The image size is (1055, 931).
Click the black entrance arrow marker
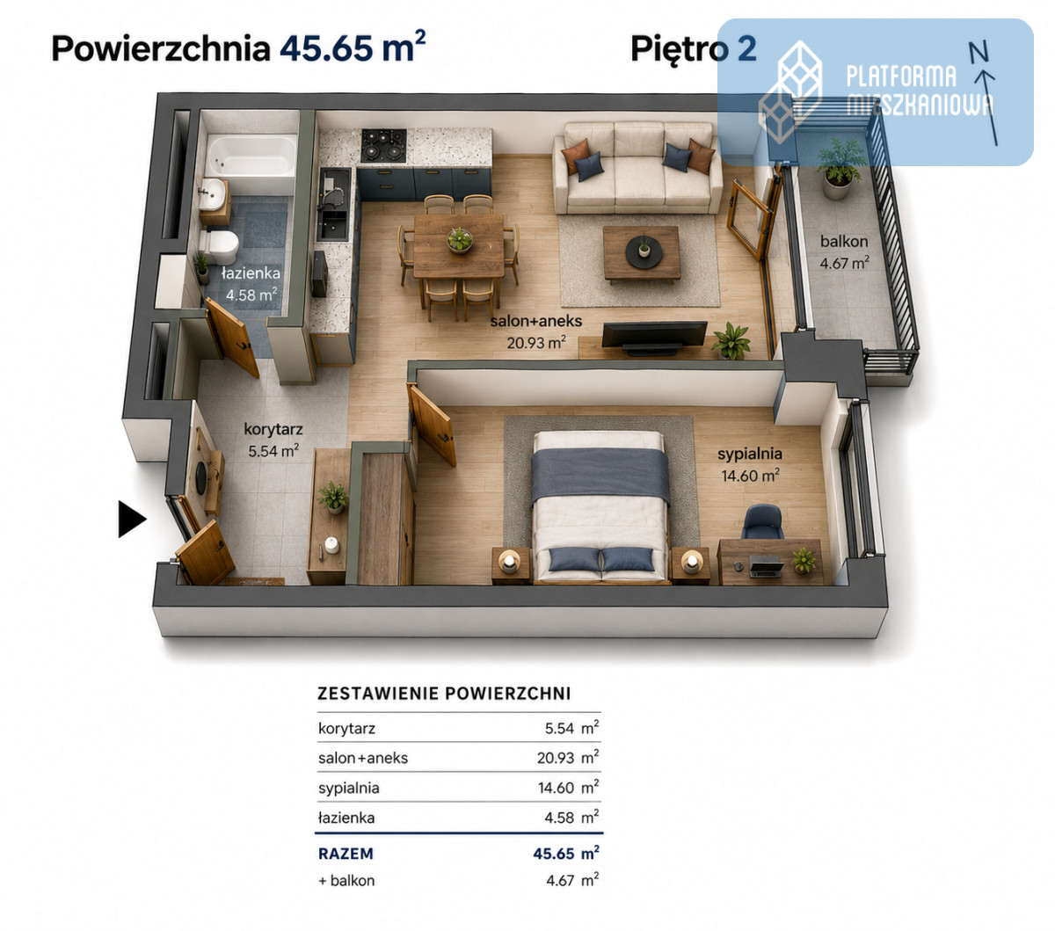click(x=132, y=519)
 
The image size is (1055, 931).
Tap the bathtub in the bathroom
click(x=251, y=156)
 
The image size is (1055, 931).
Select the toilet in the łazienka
click(x=219, y=246)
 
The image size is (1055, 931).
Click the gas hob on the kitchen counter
click(x=384, y=145)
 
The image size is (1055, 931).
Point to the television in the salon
click(x=654, y=338)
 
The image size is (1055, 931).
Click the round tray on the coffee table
click(x=644, y=251)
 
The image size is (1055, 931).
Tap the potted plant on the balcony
click(x=839, y=168)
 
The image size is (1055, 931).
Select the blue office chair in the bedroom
click(x=762, y=521)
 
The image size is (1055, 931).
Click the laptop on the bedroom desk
click(x=766, y=566)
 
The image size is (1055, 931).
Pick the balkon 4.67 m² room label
click(x=844, y=252)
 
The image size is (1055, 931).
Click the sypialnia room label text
click(x=750, y=454)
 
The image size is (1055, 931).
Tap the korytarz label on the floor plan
click(x=273, y=429)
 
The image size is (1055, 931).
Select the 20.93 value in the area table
click(x=555, y=758)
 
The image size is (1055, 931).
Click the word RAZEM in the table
click(x=346, y=854)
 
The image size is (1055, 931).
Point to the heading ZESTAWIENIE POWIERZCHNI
click(x=444, y=694)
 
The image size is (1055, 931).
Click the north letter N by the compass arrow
click(x=978, y=52)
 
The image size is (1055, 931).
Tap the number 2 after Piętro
click(x=746, y=48)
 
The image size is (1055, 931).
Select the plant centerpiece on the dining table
click(x=460, y=239)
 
